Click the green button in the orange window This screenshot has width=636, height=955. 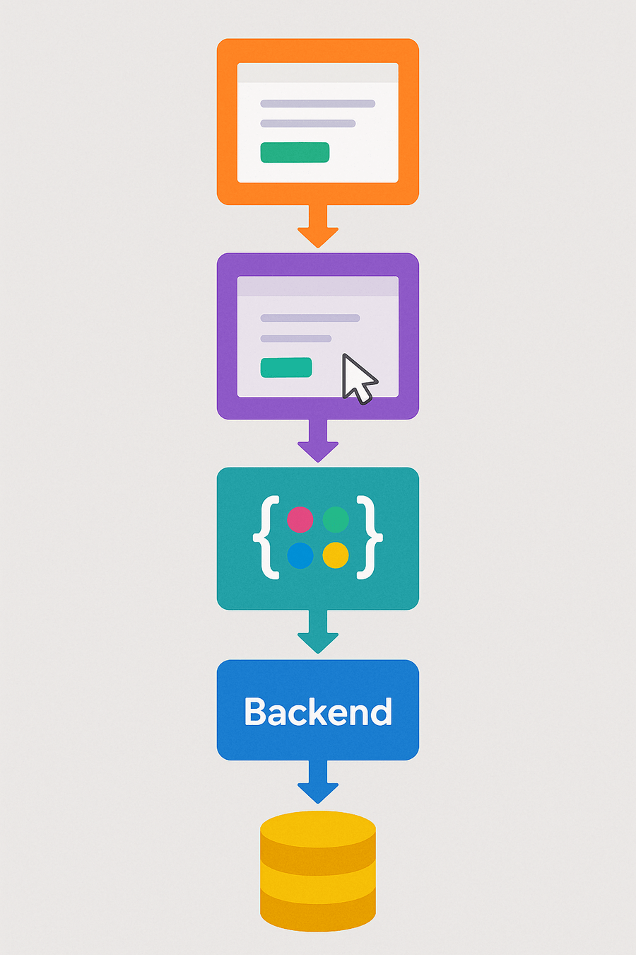pos(295,153)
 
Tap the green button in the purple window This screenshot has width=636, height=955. pos(286,368)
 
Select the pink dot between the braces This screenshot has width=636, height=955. pos(300,519)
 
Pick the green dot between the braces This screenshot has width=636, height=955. pos(336,519)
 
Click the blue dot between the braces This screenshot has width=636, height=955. pos(300,555)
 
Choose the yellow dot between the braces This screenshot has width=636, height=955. pos(336,555)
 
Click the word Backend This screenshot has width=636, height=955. pos(318,712)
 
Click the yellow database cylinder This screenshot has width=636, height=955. pos(318,871)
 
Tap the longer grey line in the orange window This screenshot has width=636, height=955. pos(318,103)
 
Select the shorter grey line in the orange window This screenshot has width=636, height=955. pos(308,124)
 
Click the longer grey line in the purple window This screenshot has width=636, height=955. pos(310,318)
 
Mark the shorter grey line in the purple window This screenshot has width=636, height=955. pos(296,339)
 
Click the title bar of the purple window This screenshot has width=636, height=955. pos(318,286)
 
